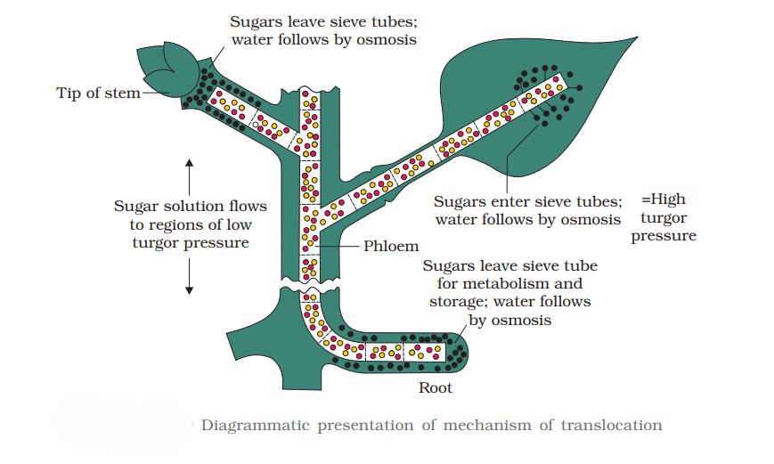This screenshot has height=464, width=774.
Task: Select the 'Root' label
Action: tap(436, 387)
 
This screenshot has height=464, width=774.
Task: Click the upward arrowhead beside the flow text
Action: tap(189, 162)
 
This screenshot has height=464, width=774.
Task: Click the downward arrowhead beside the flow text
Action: tap(189, 289)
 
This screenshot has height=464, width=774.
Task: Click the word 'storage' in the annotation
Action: tap(453, 303)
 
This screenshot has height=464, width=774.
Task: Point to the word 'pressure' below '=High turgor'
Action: tap(664, 237)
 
